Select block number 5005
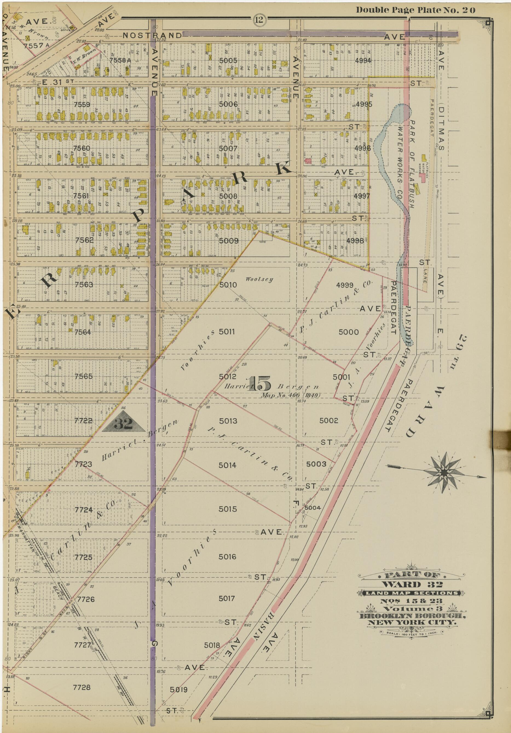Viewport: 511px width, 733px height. (x=228, y=60)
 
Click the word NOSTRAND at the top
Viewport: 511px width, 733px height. (x=152, y=35)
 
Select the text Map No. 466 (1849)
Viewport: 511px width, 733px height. (x=290, y=395)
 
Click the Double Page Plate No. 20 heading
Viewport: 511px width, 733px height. (x=415, y=10)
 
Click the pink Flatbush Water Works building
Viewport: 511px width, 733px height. (x=423, y=179)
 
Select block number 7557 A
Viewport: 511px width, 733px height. (x=36, y=45)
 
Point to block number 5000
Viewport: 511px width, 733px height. (x=348, y=332)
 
